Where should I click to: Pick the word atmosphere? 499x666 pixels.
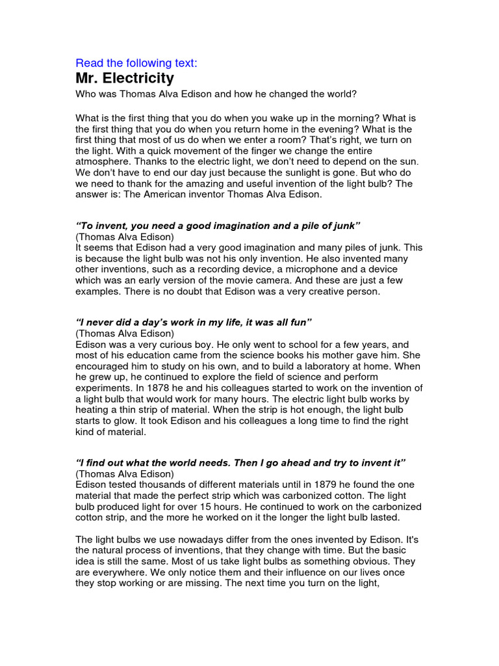pyautogui.click(x=105, y=161)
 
